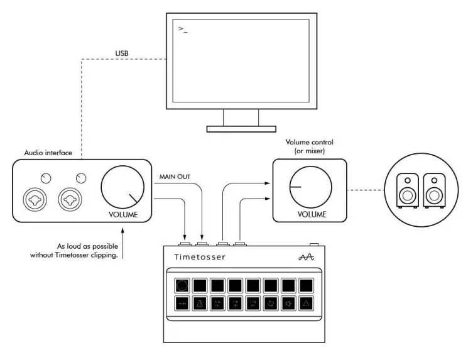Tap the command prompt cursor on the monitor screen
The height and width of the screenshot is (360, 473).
pos(183,29)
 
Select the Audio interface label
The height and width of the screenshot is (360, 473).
pos(47,152)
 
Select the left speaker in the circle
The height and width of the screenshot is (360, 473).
pos(408,191)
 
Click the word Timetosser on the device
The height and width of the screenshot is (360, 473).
pos(199,257)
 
